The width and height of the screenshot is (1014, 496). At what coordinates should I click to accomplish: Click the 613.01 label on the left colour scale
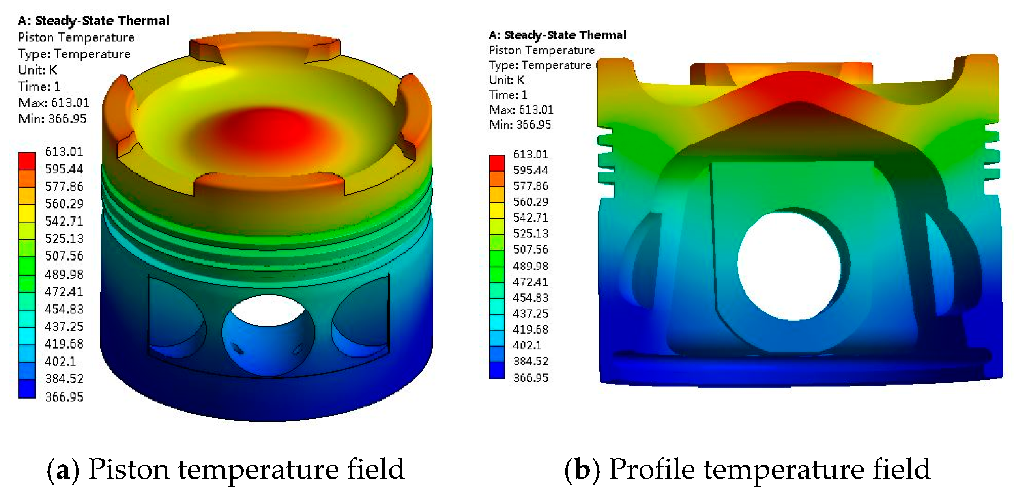coord(64,152)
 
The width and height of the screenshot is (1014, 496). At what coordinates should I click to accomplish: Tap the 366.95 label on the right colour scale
coord(531,378)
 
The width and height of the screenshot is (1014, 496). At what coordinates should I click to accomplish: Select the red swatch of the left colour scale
coord(27,161)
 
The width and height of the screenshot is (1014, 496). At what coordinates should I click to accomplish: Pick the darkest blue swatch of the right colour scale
coord(497,370)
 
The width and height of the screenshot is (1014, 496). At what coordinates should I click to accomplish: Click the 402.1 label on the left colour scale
coord(60,361)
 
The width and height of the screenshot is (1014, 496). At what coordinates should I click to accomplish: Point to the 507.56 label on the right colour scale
coord(531,249)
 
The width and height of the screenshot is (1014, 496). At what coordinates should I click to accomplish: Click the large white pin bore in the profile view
coord(789,266)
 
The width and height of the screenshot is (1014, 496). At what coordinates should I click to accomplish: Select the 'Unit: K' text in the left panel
coord(38,70)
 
